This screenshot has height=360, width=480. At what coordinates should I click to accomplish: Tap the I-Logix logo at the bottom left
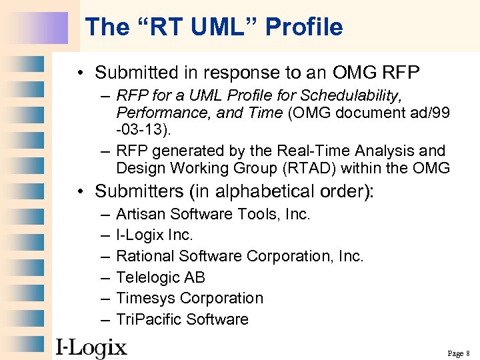click(x=91, y=347)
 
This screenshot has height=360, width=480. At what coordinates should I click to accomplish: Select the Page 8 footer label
click(x=459, y=353)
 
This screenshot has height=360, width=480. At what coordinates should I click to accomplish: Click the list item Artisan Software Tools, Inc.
click(x=213, y=214)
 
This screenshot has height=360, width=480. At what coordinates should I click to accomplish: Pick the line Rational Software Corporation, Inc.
click(x=240, y=256)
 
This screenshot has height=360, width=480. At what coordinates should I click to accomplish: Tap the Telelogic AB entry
click(x=161, y=277)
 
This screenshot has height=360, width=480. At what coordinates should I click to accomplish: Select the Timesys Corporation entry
click(x=189, y=298)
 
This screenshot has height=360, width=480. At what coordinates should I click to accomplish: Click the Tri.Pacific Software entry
click(x=182, y=319)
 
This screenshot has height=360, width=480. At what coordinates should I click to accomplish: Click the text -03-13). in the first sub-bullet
click(x=143, y=129)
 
